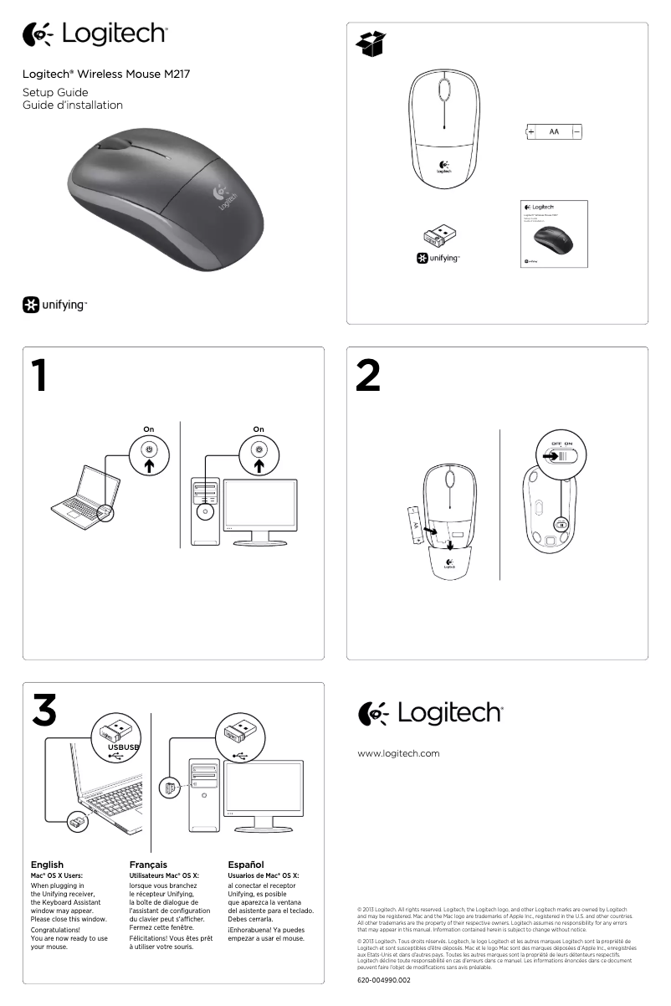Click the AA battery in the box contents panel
point(553,131)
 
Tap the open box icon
point(371,44)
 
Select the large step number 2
point(367,377)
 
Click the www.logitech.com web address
point(398,753)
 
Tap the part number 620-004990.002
point(384,979)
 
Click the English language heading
point(47,865)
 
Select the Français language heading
point(148,865)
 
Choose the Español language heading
point(246,865)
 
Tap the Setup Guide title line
point(55,92)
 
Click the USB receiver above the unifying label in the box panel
point(439,237)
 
